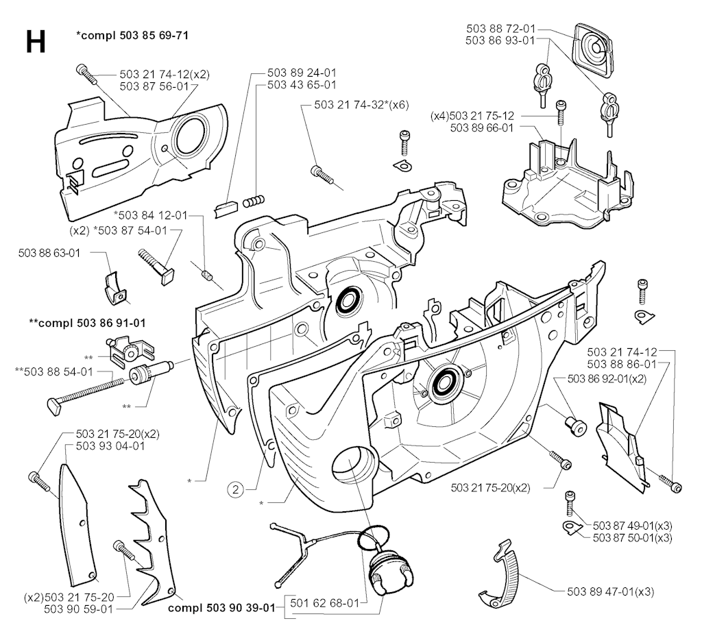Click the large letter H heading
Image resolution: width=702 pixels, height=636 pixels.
click(x=36, y=42)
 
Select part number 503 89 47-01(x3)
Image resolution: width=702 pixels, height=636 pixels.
click(x=610, y=591)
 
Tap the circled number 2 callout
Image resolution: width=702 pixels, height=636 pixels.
click(x=236, y=489)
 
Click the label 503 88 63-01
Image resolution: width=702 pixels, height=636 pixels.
click(x=49, y=253)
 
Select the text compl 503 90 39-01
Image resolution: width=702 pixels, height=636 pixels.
click(x=221, y=608)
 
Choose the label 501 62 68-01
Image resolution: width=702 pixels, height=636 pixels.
click(x=324, y=603)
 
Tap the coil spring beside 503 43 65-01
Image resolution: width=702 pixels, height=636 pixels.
click(x=254, y=201)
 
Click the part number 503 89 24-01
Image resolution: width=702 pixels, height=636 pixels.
click(x=302, y=73)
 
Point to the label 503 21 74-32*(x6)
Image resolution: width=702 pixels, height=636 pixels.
click(x=362, y=105)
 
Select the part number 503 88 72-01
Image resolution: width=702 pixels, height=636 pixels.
click(x=500, y=29)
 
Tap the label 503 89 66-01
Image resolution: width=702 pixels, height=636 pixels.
click(x=482, y=128)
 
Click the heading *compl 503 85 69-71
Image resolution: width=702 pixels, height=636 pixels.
click(x=132, y=35)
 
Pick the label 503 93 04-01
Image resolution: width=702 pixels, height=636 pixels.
click(x=110, y=445)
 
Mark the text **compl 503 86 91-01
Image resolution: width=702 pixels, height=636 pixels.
click(x=87, y=323)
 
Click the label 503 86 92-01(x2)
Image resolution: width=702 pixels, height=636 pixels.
click(x=607, y=378)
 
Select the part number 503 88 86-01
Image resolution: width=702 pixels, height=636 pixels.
click(x=621, y=365)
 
